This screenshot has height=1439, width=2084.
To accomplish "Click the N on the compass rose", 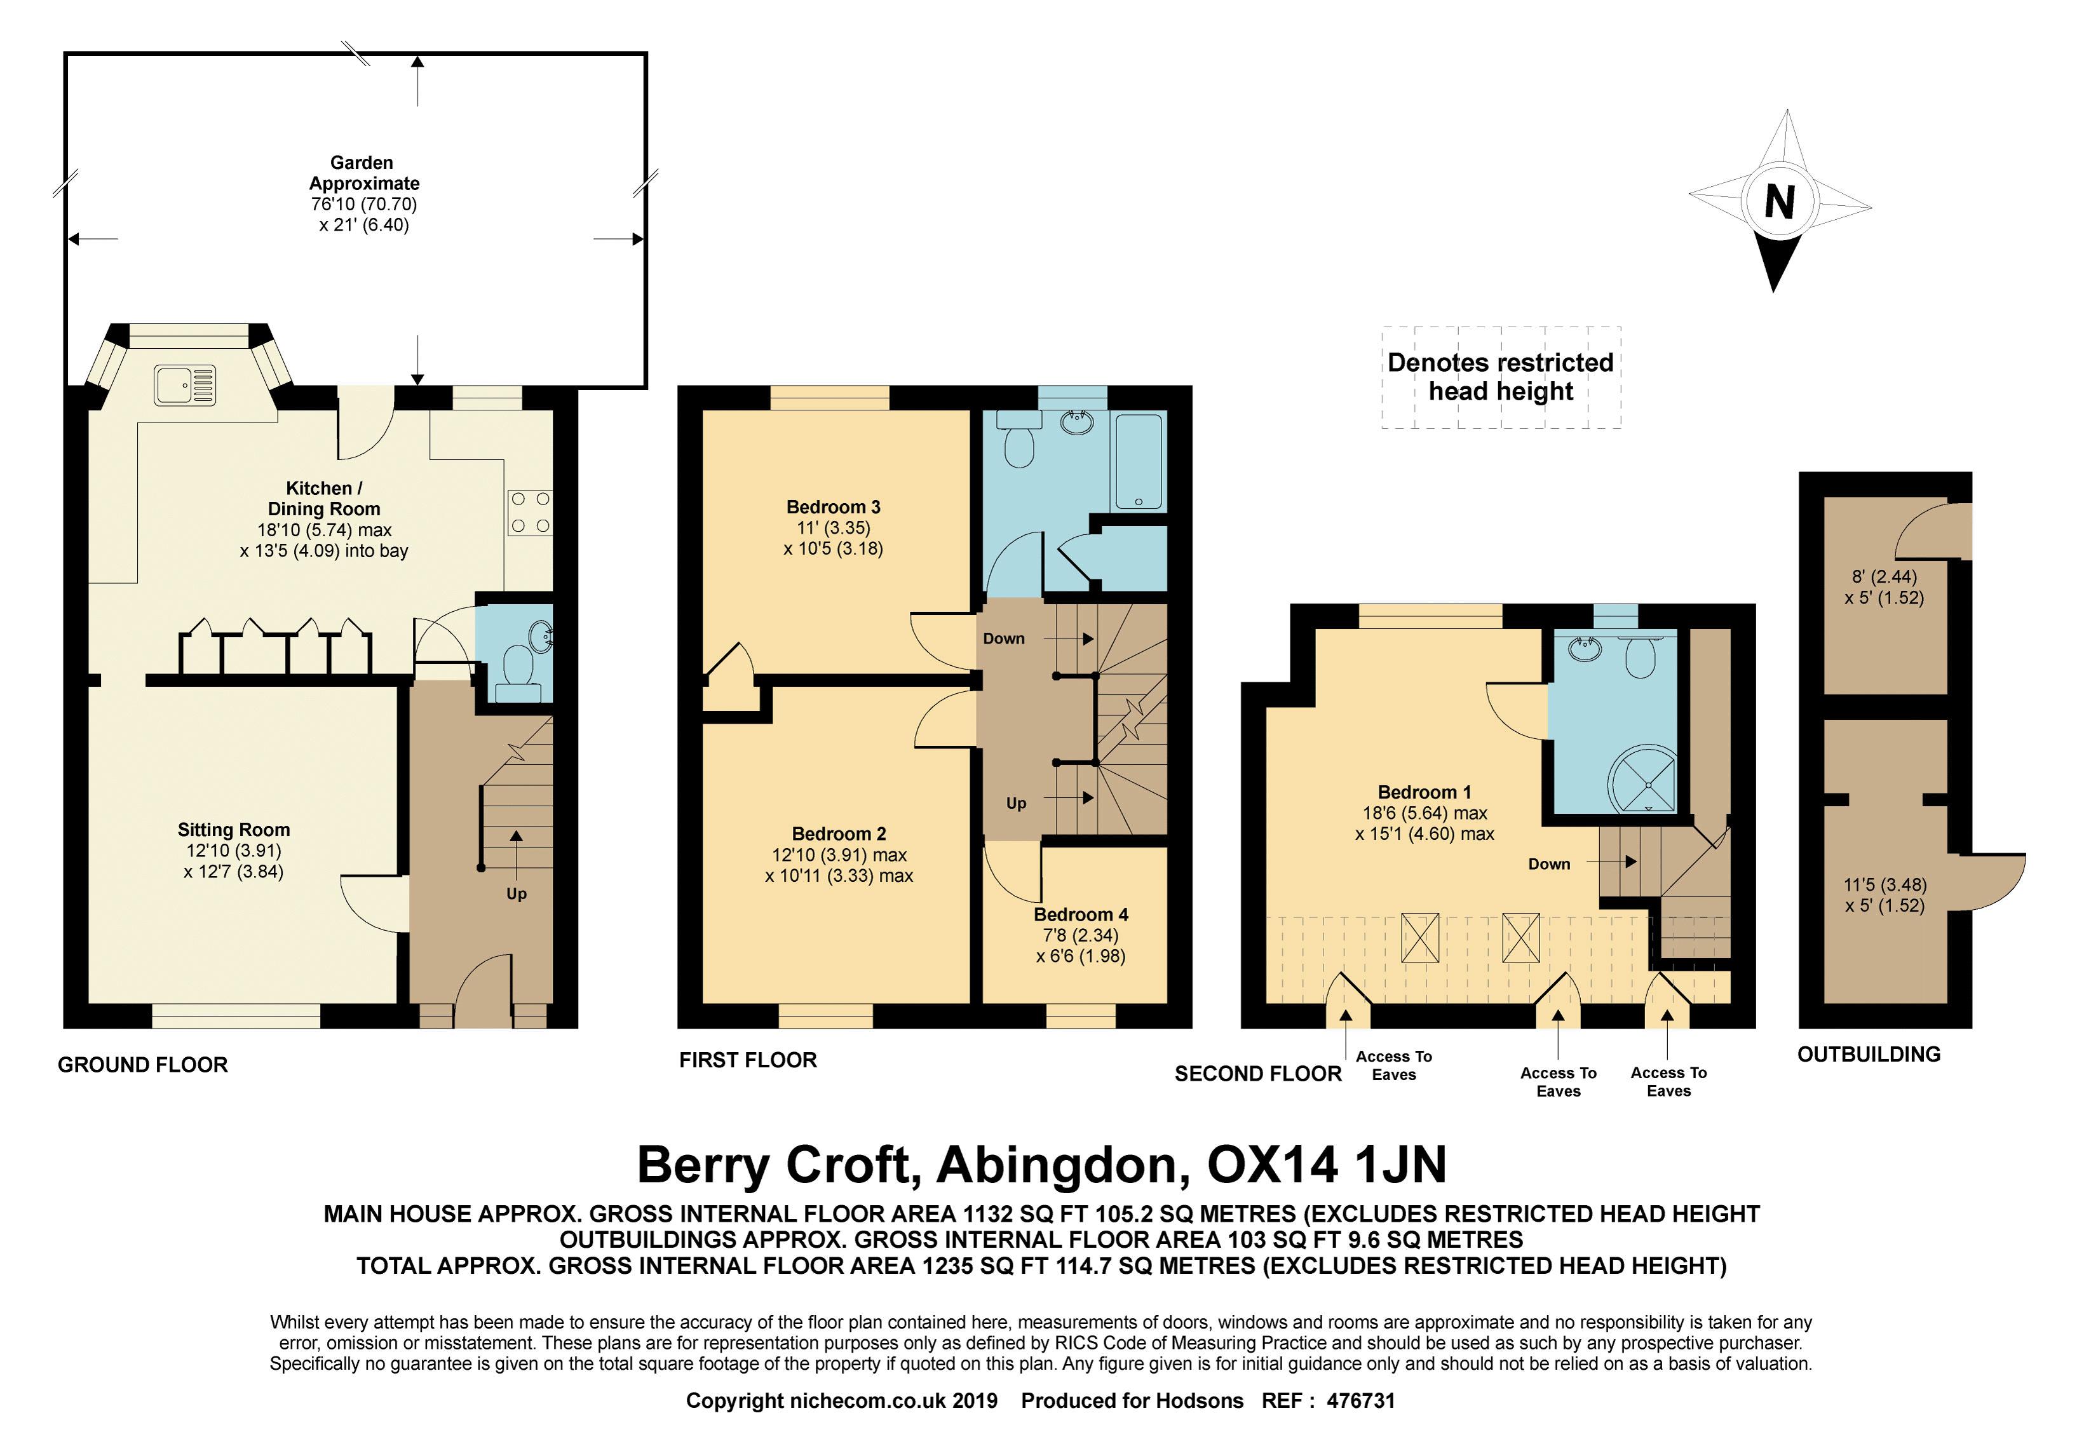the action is pyautogui.click(x=1778, y=202).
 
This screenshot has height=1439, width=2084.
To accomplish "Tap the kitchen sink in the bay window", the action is pyautogui.click(x=185, y=385).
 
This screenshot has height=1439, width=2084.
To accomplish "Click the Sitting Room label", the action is pyautogui.click(x=234, y=830).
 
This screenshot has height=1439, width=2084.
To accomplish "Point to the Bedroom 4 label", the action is pyautogui.click(x=1080, y=914).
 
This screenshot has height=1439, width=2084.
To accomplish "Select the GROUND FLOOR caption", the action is pyautogui.click(x=142, y=1065).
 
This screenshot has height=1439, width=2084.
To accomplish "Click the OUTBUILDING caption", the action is pyautogui.click(x=1869, y=1054).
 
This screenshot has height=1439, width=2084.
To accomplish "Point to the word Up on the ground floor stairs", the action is pyautogui.click(x=516, y=893).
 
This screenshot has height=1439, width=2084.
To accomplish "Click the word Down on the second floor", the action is pyautogui.click(x=1549, y=864).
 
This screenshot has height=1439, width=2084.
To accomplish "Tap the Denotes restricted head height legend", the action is pyautogui.click(x=1501, y=377).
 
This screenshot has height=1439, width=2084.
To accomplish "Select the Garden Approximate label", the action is pyautogui.click(x=363, y=173).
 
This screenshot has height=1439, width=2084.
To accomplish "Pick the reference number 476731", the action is pyautogui.click(x=1355, y=1400).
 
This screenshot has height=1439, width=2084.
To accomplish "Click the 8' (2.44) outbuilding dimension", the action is pyautogui.click(x=1884, y=576).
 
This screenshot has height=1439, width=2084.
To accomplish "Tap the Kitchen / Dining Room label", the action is pyautogui.click(x=324, y=499).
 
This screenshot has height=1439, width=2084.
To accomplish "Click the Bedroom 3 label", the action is pyautogui.click(x=833, y=507).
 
